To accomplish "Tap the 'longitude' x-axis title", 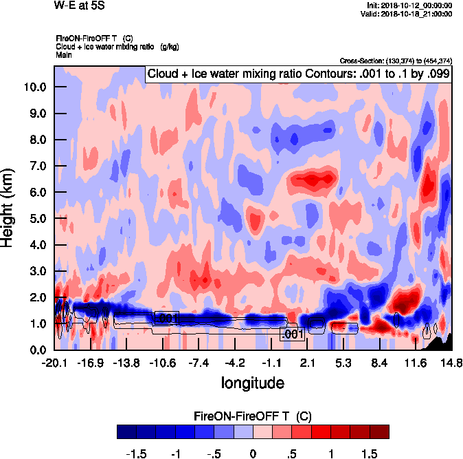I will (x=252, y=382).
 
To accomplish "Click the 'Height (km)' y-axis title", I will (x=9, y=209).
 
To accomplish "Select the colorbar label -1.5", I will (x=138, y=454).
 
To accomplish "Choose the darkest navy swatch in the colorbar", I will (x=126, y=431).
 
